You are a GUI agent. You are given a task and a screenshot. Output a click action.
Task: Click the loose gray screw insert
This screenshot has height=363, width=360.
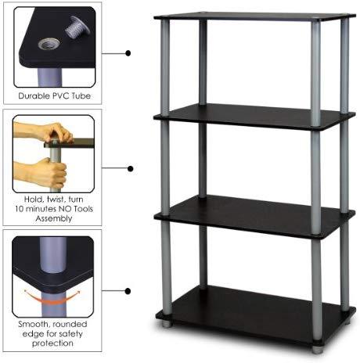tap(77, 27)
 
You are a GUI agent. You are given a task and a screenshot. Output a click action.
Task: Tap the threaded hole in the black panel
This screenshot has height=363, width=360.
tap(49, 44)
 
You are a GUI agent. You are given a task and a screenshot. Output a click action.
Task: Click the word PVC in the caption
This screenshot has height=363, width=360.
tap(61, 96)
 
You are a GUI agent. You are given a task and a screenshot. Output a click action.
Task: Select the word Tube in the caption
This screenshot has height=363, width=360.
tap(81, 96)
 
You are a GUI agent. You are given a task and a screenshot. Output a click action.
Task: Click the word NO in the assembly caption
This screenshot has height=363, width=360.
tap(65, 209)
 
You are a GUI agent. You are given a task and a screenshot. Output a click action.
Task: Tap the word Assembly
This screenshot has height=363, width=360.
tap(54, 218)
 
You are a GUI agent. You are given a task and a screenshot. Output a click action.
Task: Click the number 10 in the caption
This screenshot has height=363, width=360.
tap(19, 209)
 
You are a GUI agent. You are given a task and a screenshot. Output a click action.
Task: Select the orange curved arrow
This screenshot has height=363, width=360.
tap(52, 298)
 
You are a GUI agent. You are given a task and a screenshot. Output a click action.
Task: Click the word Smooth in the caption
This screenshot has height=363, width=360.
tap(34, 324)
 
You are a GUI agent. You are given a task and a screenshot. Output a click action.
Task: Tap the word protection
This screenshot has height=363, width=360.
tap(52, 343)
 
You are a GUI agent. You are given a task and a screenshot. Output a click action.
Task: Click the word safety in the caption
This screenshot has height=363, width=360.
tap(70, 334)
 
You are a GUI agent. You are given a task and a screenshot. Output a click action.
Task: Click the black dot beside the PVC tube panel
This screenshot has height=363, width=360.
tap(128, 53)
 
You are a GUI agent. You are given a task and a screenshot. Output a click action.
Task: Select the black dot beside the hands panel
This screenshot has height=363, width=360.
tap(131, 169)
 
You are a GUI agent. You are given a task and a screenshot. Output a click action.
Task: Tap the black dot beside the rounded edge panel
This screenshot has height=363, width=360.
tap(128, 291)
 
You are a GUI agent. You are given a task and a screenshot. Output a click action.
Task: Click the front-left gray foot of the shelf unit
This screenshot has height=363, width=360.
tap(167, 324)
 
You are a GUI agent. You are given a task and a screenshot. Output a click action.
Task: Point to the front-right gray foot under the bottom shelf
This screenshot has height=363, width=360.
tap(317, 350)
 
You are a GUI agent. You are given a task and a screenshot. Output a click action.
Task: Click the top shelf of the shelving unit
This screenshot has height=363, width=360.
tap(255, 16)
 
